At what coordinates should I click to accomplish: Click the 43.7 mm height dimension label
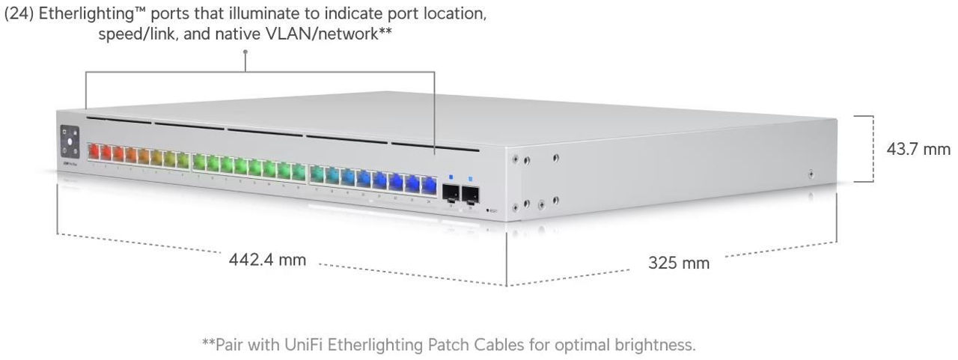pos(918,149)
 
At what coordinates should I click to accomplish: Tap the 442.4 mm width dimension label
pos(267,260)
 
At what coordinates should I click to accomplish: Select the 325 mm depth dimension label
pos(678,263)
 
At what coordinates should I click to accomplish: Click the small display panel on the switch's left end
pos(70,140)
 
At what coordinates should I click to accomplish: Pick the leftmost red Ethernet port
pos(94,153)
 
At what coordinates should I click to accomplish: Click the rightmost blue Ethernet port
pos(429,183)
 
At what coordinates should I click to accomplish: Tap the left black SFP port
pos(451,193)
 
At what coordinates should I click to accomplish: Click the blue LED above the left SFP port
pos(451,178)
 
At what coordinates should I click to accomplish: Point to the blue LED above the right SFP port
pos(470,180)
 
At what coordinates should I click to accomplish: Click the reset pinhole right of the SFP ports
pos(487,211)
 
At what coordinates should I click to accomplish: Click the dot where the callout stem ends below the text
pos(245,52)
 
